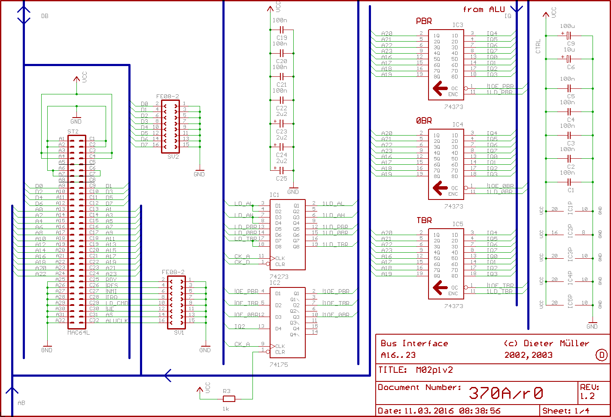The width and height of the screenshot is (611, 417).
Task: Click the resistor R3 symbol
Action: coord(229,398)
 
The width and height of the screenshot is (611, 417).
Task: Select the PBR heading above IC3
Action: coord(424,21)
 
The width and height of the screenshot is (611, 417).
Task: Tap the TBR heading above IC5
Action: coord(424,221)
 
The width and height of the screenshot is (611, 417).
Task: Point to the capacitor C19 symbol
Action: coord(282,30)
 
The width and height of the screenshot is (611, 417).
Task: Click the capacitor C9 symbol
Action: coord(569,35)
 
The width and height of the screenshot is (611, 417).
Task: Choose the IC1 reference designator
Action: coord(274,195)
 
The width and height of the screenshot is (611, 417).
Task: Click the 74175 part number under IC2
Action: coord(279,364)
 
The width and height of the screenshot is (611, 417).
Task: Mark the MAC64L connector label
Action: coord(79,332)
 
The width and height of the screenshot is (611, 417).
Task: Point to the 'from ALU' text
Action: coord(483,9)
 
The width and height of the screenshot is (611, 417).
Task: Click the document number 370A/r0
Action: coord(505,393)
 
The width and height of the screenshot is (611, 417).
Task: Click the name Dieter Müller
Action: coord(556,343)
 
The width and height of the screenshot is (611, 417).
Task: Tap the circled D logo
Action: coord(602,355)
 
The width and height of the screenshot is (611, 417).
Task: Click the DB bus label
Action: coord(45,16)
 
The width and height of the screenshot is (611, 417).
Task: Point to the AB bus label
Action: coord(21,403)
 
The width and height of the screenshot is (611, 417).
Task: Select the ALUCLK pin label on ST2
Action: coord(117,320)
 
